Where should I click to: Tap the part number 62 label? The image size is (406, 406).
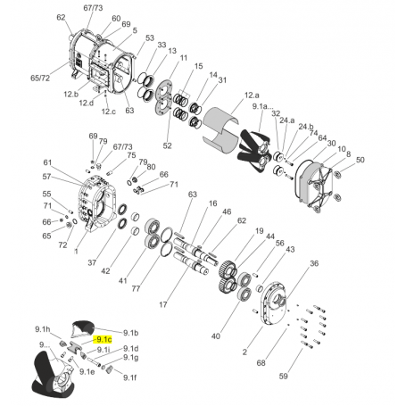point(62,18)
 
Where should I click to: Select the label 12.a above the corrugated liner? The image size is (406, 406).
point(252,94)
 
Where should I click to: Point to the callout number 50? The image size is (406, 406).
point(360,160)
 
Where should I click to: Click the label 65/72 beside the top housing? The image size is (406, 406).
point(40,79)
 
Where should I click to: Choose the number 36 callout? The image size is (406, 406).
point(313,264)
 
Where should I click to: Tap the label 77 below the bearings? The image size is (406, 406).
point(137,288)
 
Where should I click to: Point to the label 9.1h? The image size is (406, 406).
point(42,330)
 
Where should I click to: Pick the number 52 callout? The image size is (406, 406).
point(167,145)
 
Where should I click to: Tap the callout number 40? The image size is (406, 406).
point(215,336)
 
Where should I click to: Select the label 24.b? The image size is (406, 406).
point(306,126)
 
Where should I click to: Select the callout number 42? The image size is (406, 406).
point(105,270)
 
